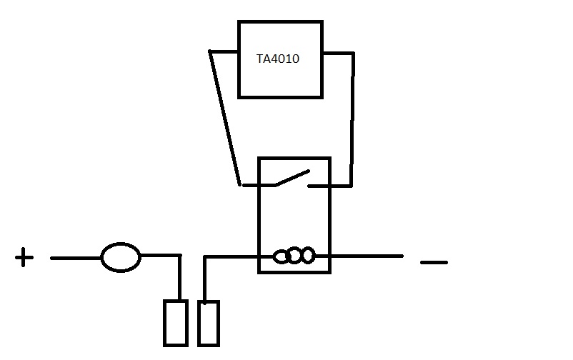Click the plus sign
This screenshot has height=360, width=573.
[x=24, y=257]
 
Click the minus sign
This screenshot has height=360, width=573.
[x=433, y=263]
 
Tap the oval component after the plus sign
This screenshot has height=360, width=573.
[x=120, y=257]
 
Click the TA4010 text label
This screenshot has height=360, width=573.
[x=278, y=59]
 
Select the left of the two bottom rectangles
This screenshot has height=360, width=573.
[x=175, y=323]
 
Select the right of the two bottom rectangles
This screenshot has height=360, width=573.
[x=208, y=323]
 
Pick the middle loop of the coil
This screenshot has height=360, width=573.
[x=294, y=256]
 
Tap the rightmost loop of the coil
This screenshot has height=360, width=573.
[x=307, y=255]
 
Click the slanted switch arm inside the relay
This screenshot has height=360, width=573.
[x=293, y=177]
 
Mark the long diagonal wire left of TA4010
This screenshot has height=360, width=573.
[x=224, y=118]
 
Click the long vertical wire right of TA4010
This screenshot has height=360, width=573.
[x=352, y=118]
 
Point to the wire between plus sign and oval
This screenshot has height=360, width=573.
[x=75, y=257]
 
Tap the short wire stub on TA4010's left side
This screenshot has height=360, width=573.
[x=224, y=52]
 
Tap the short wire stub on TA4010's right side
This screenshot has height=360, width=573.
[x=338, y=52]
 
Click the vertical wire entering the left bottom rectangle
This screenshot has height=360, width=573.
[x=179, y=279]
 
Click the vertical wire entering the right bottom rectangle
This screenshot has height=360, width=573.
[x=205, y=279]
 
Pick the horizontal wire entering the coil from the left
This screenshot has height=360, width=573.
[x=232, y=256]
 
